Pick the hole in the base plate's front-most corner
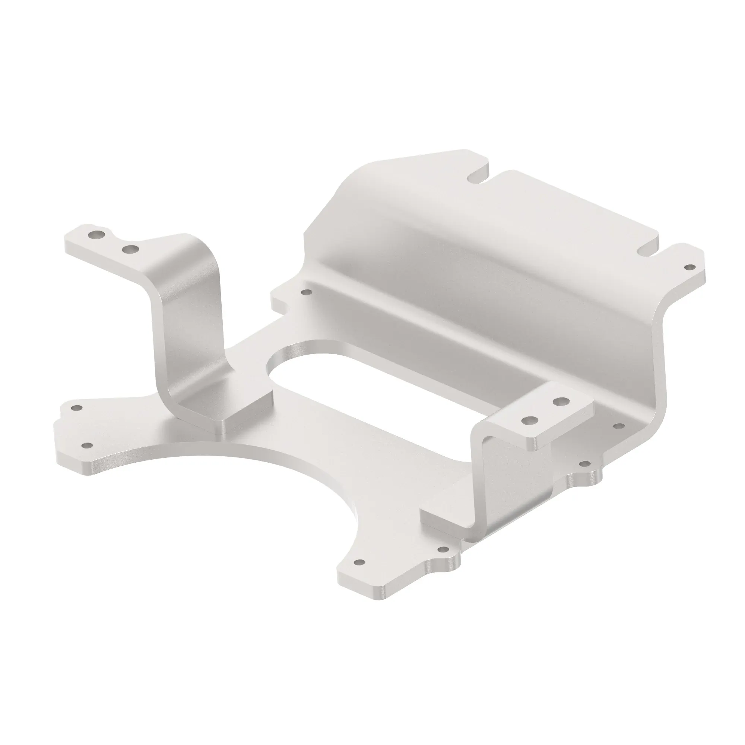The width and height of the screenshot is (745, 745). (359, 584)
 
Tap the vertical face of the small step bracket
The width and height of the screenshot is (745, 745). (501, 482)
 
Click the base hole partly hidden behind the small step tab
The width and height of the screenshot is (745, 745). (619, 426)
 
